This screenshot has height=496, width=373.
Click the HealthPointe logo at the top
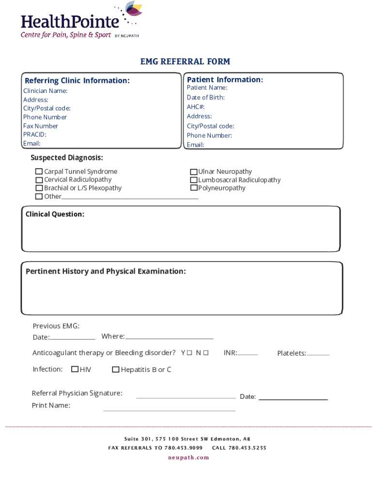(x=80, y=22)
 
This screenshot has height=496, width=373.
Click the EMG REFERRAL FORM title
(x=185, y=62)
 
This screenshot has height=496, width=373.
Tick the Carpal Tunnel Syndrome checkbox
(x=39, y=171)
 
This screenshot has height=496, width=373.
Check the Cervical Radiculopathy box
(x=39, y=180)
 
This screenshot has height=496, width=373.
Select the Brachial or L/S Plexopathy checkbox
(x=39, y=188)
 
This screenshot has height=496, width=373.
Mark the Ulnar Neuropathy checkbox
(x=194, y=172)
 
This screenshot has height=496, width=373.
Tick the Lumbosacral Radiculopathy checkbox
(x=194, y=180)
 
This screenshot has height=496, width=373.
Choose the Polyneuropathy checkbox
(x=194, y=188)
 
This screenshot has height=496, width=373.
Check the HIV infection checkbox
(x=75, y=370)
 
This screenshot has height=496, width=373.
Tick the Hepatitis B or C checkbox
(x=116, y=370)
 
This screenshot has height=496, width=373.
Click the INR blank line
(x=248, y=355)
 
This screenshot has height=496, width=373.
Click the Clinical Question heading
(x=55, y=214)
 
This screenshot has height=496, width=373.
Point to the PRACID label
(x=35, y=135)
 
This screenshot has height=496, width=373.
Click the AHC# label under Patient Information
(x=196, y=107)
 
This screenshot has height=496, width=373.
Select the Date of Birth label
(x=206, y=97)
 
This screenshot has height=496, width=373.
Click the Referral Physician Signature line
(x=186, y=398)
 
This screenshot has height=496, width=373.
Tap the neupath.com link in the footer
(x=188, y=458)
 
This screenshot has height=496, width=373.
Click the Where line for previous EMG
(x=169, y=339)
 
